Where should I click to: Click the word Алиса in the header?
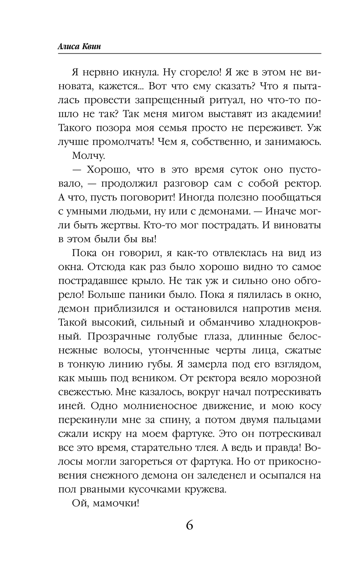(68, 47)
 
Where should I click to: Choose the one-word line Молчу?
(89, 156)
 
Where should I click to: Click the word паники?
(144, 295)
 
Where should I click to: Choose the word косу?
(309, 406)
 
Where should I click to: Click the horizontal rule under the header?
(189, 54)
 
